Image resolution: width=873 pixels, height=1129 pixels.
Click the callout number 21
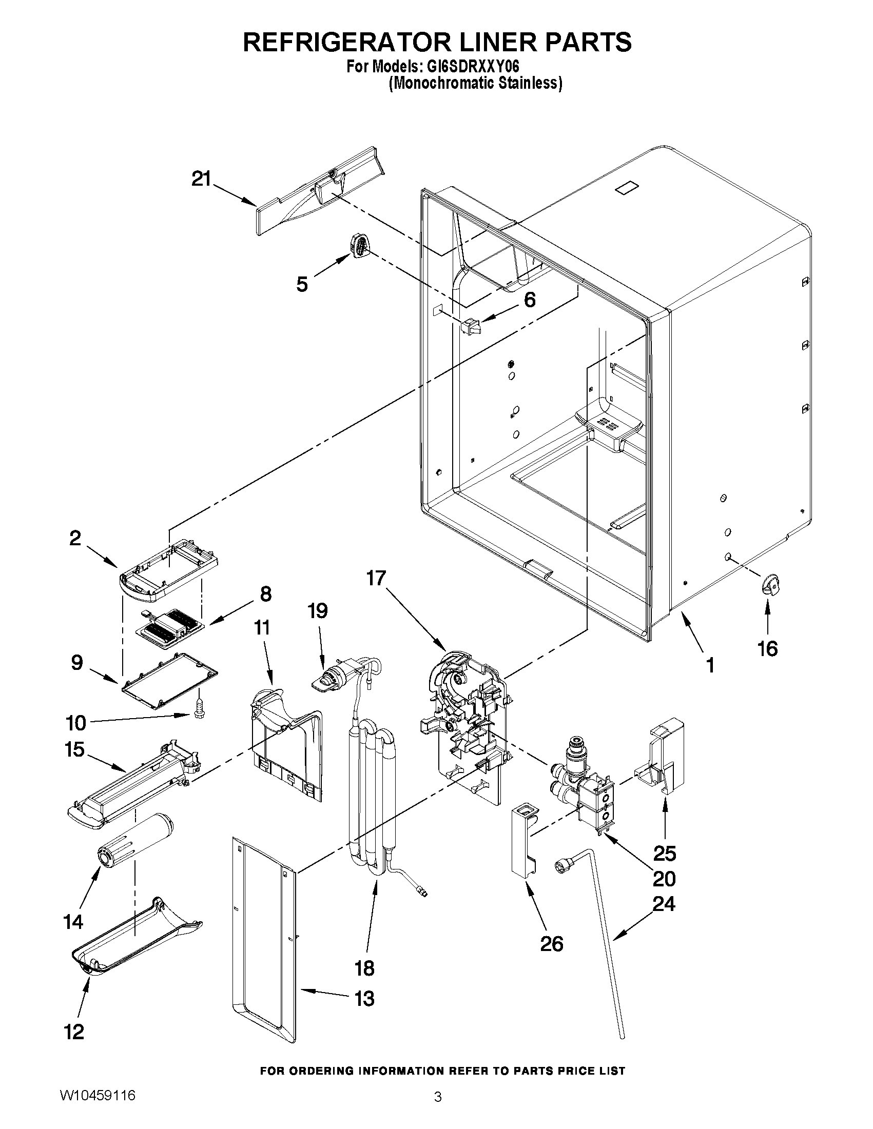point(201,180)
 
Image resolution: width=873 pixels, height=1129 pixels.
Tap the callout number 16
point(767,648)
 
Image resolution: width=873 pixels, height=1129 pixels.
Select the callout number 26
point(551,944)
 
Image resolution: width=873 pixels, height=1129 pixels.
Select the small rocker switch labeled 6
point(471,326)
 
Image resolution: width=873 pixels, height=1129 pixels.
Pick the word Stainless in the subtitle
point(530,83)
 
